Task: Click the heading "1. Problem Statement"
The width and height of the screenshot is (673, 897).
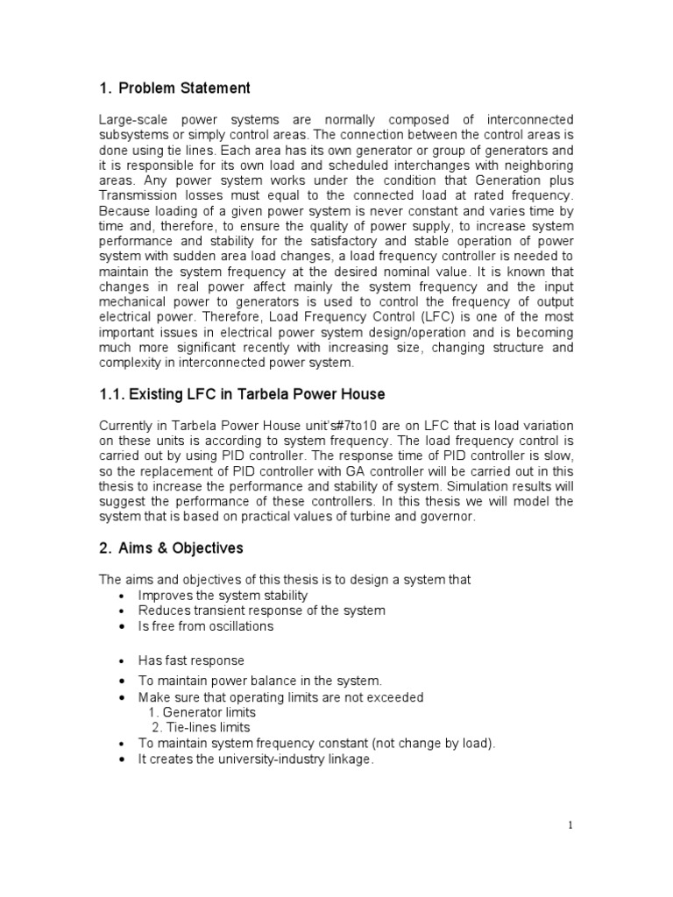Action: pyautogui.click(x=174, y=88)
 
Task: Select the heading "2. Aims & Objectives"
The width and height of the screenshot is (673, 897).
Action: pyautogui.click(x=171, y=548)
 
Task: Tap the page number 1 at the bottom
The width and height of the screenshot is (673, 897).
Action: pyautogui.click(x=570, y=825)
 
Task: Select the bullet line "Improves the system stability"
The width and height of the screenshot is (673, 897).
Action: pyautogui.click(x=225, y=596)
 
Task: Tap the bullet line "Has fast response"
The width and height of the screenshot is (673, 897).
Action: pyautogui.click(x=191, y=660)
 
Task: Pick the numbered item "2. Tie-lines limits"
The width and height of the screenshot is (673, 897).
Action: pyautogui.click(x=201, y=727)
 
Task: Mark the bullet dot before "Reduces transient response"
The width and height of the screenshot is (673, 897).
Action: pyautogui.click(x=120, y=611)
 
